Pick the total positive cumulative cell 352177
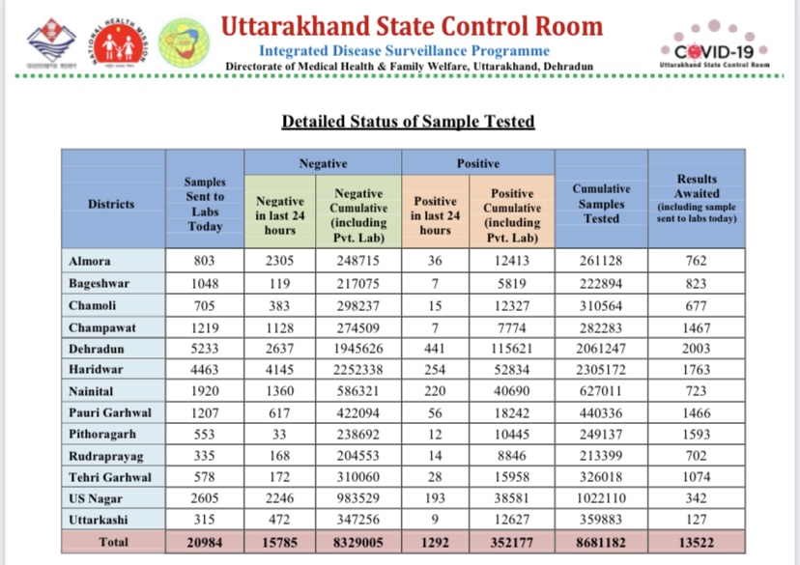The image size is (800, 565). click(x=512, y=542)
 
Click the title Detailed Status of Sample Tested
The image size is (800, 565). click(x=408, y=122)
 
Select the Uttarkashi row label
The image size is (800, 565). click(x=98, y=521)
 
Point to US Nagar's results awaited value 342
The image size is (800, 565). click(x=697, y=498)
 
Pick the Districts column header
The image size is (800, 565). click(x=111, y=204)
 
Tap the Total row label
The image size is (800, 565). click(x=114, y=542)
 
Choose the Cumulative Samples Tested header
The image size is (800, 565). click(x=601, y=204)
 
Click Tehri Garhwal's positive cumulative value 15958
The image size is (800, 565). click(x=512, y=476)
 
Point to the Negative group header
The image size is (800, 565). click(x=323, y=164)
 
